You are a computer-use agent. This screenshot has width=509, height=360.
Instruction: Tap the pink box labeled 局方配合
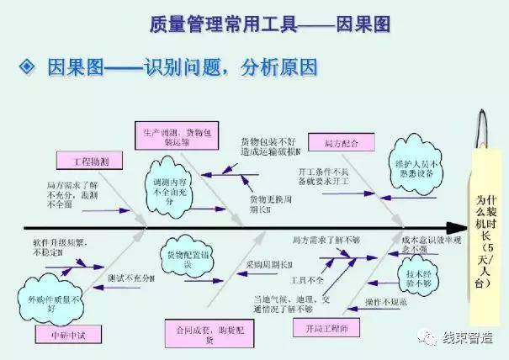coord(335,143)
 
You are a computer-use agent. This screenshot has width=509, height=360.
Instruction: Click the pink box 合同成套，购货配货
coord(195,331)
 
